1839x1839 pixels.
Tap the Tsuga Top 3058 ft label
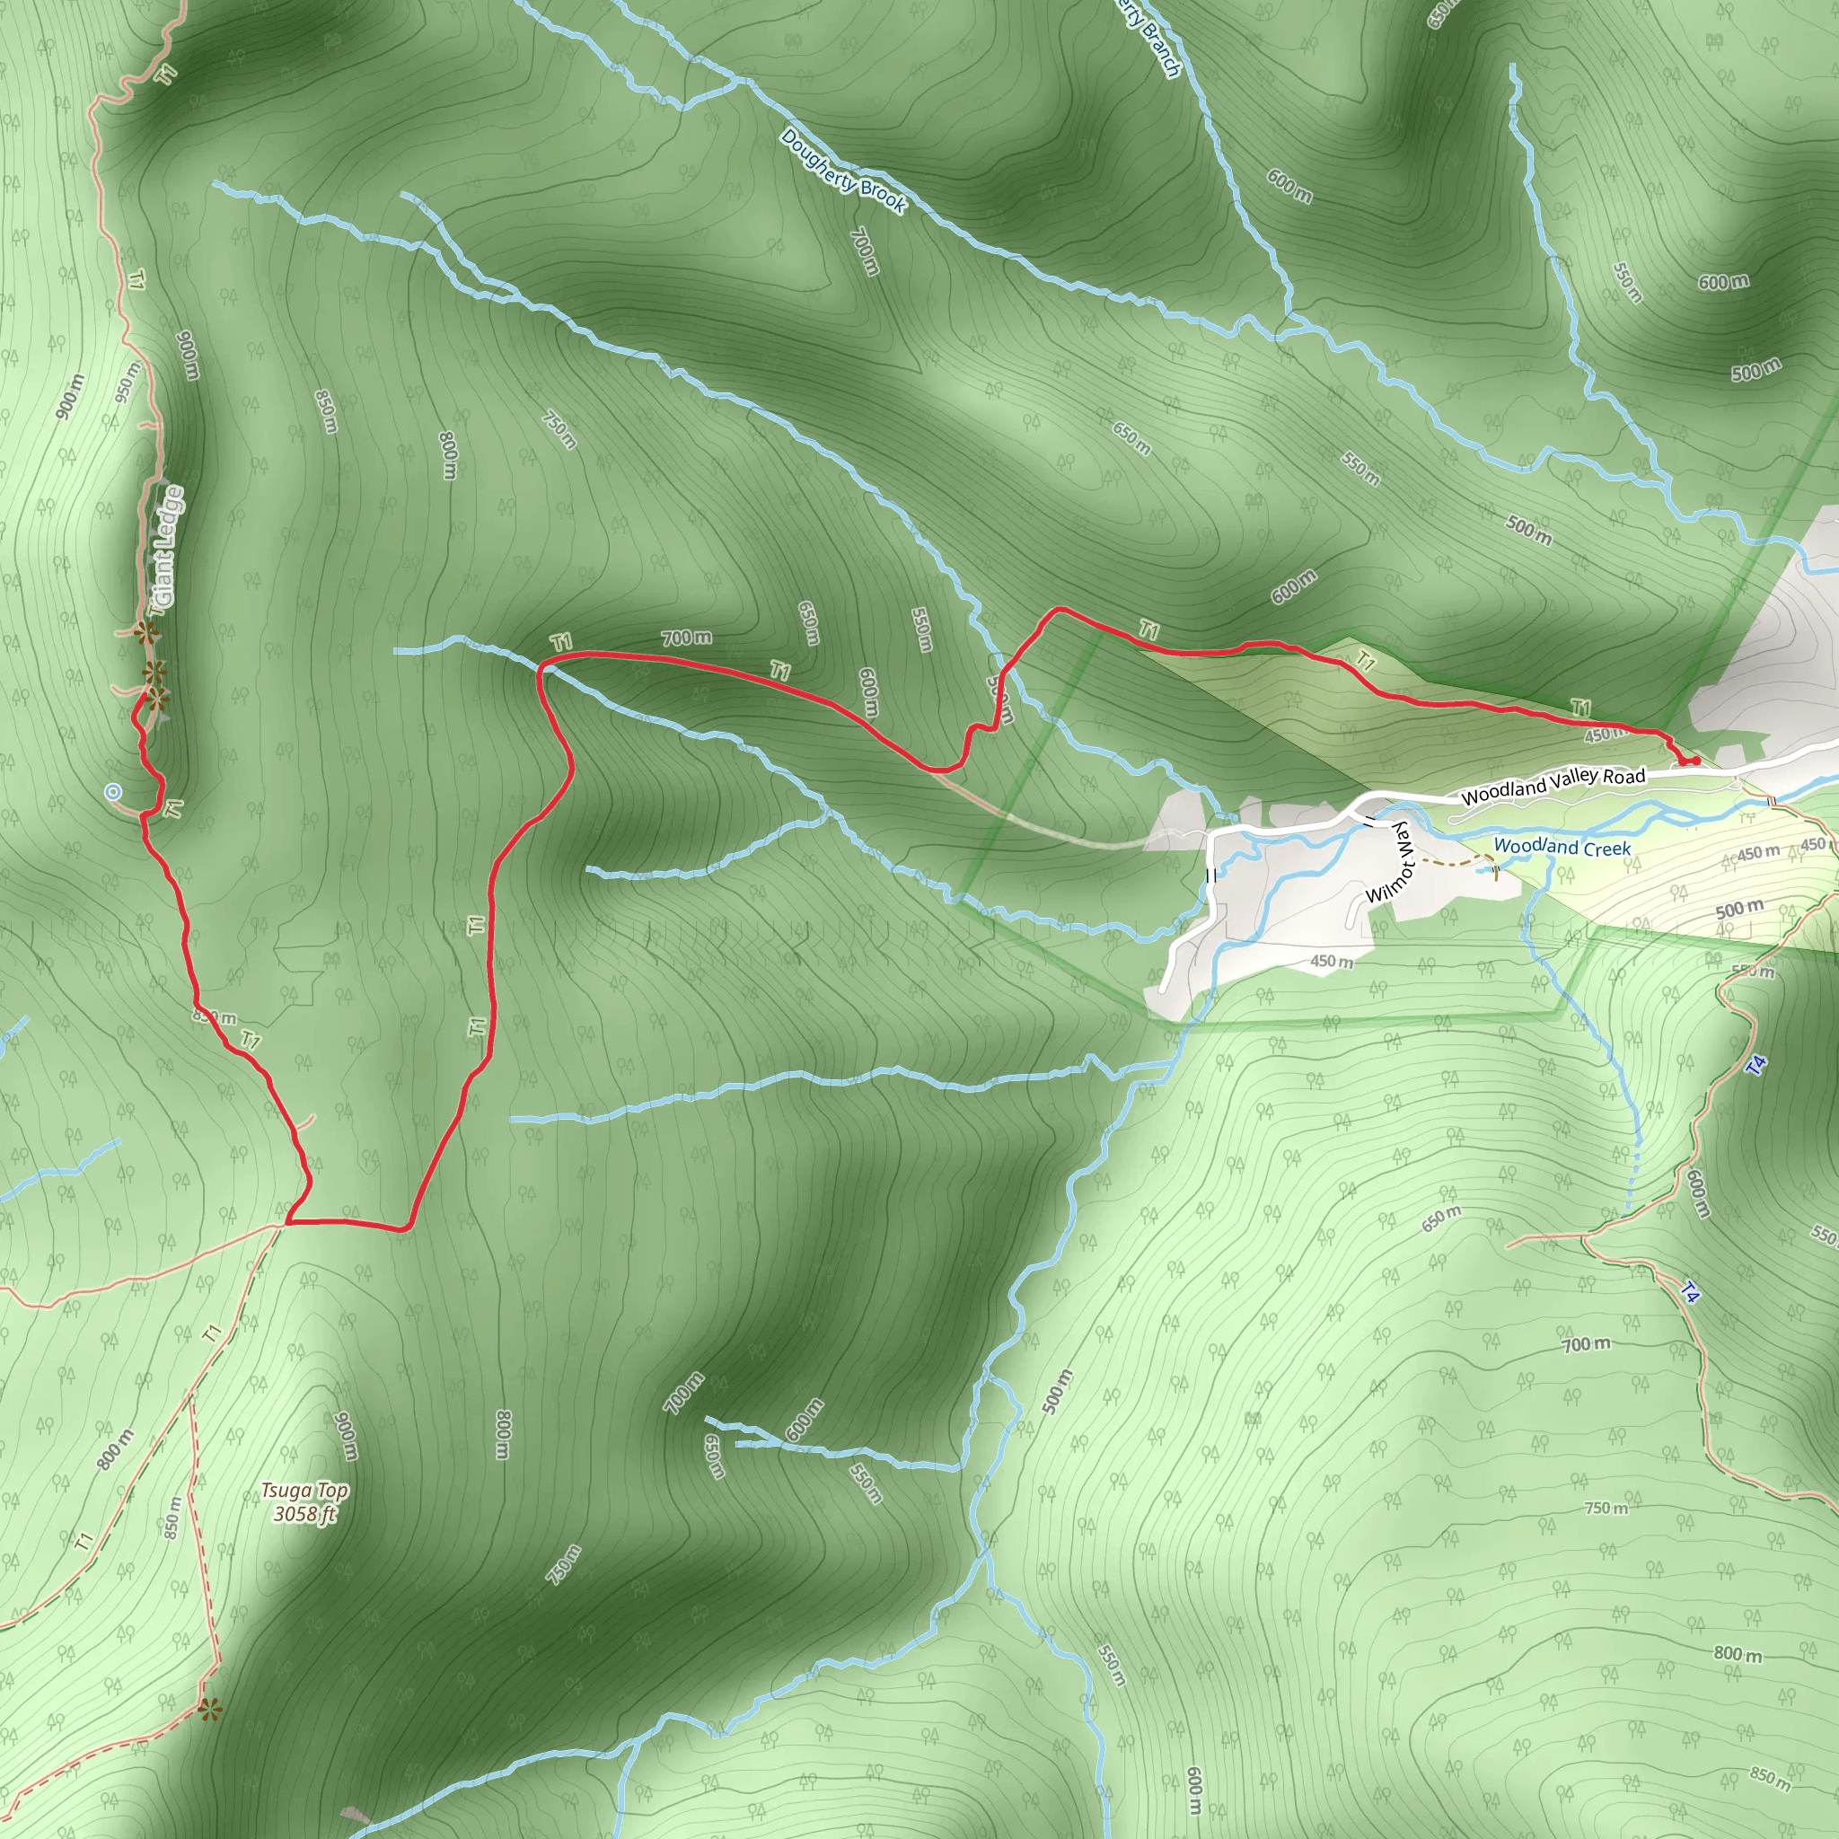(304, 1502)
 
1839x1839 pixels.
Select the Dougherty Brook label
(842, 172)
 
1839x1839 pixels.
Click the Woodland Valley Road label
(1553, 786)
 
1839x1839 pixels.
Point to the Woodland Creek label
(1562, 846)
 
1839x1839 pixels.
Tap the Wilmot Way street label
(1393, 863)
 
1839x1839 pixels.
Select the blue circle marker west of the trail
(113, 791)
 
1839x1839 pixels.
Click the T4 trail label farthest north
(1757, 1065)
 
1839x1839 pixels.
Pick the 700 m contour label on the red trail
(686, 638)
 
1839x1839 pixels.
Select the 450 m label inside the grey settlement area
(1332, 962)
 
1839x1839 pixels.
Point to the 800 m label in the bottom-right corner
(1738, 1654)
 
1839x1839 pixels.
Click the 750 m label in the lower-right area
(1606, 1509)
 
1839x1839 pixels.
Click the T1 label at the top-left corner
(168, 74)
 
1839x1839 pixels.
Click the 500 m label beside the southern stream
(1057, 1391)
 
